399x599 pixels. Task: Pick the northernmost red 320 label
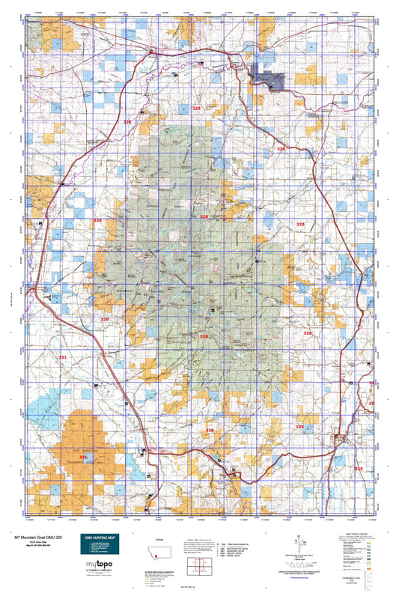pos(197,109)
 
